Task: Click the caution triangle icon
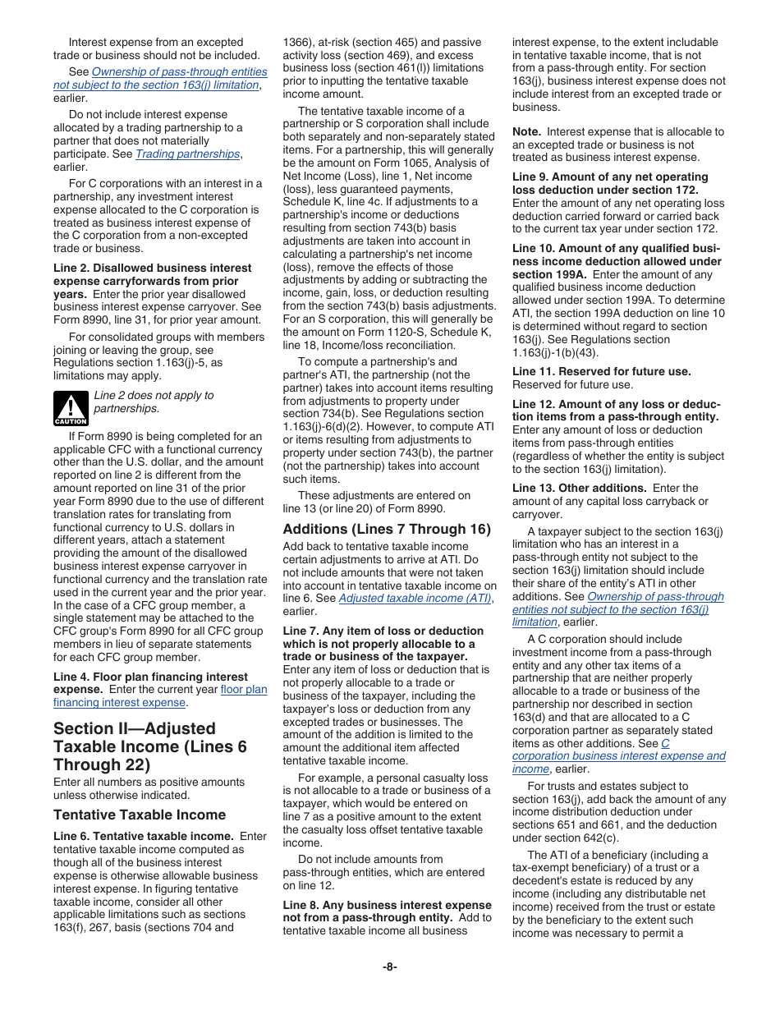[71, 408]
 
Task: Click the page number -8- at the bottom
[390, 966]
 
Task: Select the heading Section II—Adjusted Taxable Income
[149, 746]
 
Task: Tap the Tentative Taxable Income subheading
[140, 815]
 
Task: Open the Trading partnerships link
[187, 154]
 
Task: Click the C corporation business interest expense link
[618, 755]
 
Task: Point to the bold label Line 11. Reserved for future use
[601, 371]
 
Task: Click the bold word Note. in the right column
[526, 131]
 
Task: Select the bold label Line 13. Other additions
[579, 488]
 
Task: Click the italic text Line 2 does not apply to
[154, 395]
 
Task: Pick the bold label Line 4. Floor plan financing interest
[150, 677]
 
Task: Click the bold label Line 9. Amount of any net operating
[609, 177]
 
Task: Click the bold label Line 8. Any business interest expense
[387, 905]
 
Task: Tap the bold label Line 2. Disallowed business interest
[152, 268]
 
